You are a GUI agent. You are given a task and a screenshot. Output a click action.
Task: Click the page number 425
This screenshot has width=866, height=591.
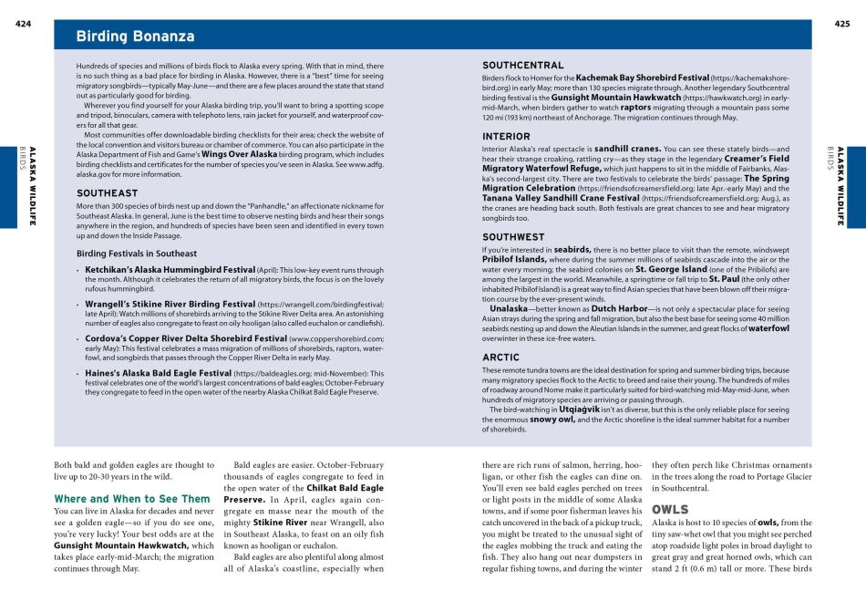[841, 24]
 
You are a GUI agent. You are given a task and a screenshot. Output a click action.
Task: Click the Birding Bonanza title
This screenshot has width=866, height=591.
[135, 36]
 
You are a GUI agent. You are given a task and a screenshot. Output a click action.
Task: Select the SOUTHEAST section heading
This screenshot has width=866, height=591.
[107, 193]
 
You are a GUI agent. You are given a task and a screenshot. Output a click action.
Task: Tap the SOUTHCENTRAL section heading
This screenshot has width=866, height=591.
[522, 66]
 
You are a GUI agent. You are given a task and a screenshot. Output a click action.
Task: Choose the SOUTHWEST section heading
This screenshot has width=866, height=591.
[513, 237]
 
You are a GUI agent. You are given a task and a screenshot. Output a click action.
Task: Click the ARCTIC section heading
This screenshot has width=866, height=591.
[500, 358]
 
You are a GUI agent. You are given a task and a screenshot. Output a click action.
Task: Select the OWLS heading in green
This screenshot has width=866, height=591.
[670, 509]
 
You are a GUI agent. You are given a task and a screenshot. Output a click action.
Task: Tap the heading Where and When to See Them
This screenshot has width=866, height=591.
[132, 499]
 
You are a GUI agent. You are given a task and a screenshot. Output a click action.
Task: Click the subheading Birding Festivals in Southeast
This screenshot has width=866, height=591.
[136, 254]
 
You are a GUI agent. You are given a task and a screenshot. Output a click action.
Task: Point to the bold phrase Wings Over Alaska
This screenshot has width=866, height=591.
[239, 155]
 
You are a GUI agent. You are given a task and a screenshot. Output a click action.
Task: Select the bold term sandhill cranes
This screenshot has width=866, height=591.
[627, 148]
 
